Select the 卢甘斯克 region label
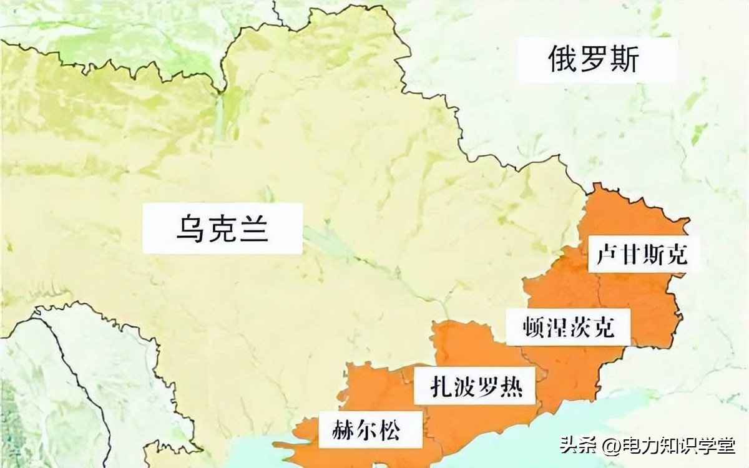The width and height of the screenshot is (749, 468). (641, 255)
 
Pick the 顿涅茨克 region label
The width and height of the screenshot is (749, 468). (567, 326)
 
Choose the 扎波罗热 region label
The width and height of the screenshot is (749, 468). (476, 388)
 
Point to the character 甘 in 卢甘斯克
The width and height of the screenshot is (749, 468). (630, 255)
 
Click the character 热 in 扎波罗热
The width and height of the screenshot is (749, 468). (510, 388)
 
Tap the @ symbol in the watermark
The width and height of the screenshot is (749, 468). (609, 446)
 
